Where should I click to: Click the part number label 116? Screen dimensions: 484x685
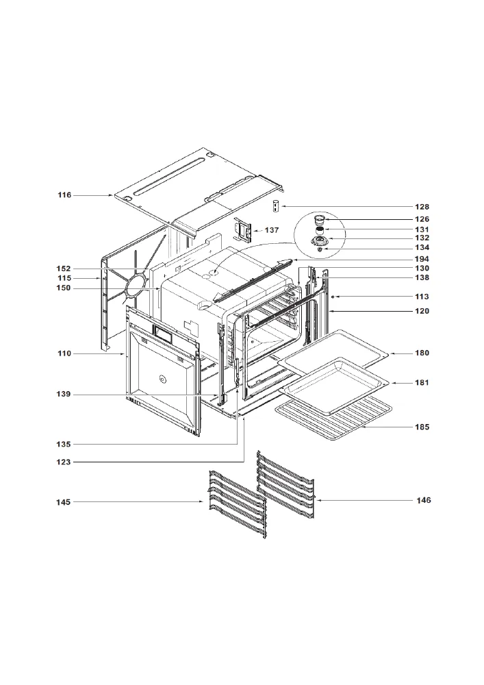click(64, 195)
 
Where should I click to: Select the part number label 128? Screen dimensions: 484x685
click(422, 207)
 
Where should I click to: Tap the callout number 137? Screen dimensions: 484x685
click(272, 229)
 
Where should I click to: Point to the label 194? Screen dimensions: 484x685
click(422, 259)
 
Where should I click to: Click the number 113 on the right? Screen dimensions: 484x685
click(422, 297)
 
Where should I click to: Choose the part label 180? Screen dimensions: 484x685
click(422, 353)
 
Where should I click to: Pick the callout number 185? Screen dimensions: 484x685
click(422, 427)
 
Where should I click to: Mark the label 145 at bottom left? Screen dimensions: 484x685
click(63, 502)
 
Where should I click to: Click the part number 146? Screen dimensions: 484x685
click(424, 500)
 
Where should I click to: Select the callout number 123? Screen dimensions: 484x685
click(63, 462)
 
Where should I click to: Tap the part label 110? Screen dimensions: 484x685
click(64, 353)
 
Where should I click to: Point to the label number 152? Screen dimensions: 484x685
click(63, 269)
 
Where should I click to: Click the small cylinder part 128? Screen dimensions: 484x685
click(276, 206)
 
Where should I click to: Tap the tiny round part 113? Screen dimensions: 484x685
click(333, 297)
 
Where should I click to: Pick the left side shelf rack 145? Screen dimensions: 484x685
click(237, 503)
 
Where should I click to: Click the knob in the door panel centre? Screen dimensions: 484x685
click(162, 379)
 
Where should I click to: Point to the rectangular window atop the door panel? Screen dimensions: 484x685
click(162, 334)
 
